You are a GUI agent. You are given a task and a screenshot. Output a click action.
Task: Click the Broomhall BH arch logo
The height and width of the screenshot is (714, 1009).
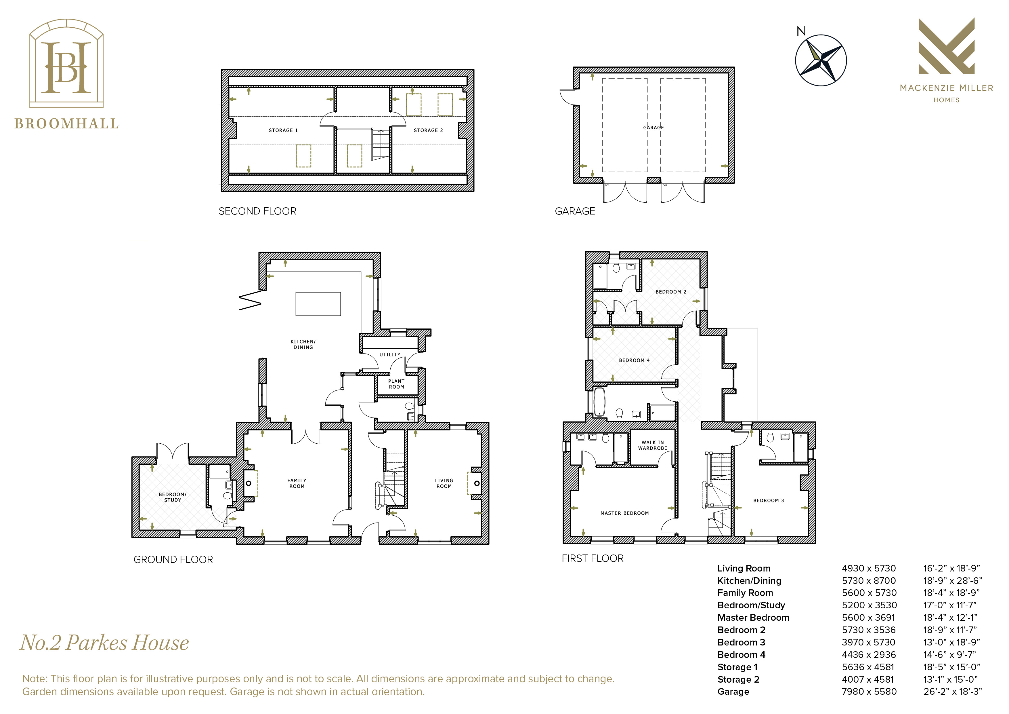coord(66,63)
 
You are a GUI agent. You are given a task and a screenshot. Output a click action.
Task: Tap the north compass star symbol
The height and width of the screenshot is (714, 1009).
coord(821,60)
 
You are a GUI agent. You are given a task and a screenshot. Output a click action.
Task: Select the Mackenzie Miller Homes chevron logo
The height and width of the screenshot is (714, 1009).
coord(946,46)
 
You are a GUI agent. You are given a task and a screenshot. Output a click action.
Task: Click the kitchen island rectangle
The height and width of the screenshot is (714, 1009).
coord(318,303)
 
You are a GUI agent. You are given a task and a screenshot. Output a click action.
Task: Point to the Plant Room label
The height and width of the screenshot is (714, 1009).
coord(396,384)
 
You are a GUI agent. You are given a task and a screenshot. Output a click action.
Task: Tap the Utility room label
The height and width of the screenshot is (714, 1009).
coord(390,355)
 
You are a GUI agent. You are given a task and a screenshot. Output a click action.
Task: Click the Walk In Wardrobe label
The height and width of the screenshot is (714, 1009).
coord(653,445)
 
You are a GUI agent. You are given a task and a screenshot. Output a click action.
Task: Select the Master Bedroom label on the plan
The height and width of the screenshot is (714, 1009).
coord(624,513)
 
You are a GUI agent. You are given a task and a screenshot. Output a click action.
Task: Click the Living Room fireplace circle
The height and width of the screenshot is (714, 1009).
coord(477,483)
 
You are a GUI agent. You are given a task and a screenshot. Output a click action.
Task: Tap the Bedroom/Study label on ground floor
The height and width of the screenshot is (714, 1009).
coord(172,497)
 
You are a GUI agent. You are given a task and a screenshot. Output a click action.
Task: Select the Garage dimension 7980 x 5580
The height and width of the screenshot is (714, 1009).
coord(869,692)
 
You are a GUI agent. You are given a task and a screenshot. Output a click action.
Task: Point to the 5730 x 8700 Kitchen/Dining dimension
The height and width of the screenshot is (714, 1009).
coord(869,581)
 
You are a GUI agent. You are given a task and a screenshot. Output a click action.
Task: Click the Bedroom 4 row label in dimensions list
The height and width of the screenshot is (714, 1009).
coord(742,655)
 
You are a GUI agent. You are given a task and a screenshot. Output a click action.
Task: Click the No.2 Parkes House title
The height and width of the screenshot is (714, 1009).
coord(105,643)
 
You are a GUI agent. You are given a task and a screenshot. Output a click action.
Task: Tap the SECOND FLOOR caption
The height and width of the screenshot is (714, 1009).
coord(257,211)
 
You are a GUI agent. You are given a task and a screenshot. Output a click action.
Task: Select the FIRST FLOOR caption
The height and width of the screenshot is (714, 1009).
coord(593,558)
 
